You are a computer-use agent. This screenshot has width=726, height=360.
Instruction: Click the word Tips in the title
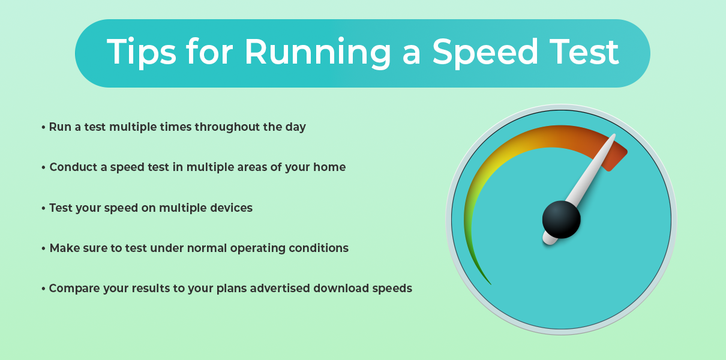(x=142, y=52)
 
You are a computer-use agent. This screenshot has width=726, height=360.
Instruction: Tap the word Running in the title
(x=318, y=52)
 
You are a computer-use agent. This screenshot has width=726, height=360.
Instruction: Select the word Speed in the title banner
(x=485, y=52)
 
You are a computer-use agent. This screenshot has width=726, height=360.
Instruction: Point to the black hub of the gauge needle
(x=562, y=220)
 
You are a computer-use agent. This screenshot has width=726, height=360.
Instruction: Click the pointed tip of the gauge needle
(x=614, y=135)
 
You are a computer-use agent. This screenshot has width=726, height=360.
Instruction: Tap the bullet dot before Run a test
(x=43, y=127)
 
